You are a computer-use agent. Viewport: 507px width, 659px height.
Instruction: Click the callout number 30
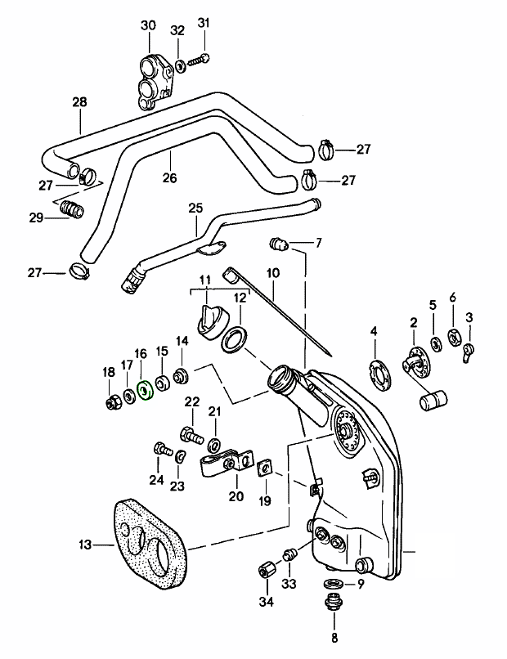click(x=147, y=25)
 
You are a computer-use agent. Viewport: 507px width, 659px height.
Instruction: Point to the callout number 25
click(x=195, y=208)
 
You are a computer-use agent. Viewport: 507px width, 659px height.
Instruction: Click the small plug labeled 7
click(x=279, y=243)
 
